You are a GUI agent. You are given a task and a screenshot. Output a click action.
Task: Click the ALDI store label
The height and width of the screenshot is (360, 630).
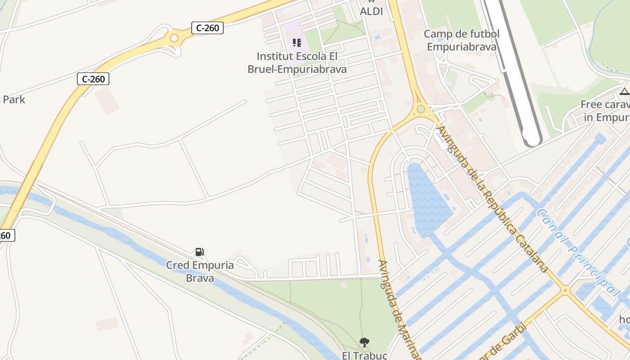tap(372, 11)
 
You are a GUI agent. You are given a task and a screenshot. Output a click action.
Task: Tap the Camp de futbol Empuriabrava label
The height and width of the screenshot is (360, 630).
tap(462, 40)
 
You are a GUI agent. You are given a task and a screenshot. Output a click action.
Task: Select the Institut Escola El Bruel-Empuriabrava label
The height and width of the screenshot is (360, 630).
tap(297, 63)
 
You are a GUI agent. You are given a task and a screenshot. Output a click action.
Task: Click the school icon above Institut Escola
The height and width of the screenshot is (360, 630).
tap(297, 43)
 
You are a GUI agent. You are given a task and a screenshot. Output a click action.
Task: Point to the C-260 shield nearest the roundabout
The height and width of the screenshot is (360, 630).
tap(207, 28)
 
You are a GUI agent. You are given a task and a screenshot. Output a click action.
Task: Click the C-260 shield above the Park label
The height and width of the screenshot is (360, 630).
tap(94, 79)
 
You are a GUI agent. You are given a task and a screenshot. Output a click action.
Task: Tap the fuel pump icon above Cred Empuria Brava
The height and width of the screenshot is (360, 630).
tap(199, 252)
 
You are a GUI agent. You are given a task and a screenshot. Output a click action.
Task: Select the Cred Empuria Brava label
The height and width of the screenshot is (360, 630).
tap(200, 271)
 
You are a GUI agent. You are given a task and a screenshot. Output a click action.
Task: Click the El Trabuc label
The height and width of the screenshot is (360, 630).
tap(364, 355)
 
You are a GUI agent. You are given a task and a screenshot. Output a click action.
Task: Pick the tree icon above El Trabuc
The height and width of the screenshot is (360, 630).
tap(364, 342)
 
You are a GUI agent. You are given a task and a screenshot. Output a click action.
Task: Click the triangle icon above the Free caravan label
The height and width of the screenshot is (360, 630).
tap(624, 92)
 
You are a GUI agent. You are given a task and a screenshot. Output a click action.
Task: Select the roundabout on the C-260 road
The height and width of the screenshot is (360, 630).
tap(174, 38)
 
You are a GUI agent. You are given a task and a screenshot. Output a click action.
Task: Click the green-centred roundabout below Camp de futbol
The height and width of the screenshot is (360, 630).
tap(421, 109)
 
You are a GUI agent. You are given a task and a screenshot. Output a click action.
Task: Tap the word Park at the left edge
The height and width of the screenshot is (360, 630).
tap(14, 99)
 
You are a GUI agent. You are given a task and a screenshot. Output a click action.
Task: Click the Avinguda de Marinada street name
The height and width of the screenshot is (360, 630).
tap(399, 310)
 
